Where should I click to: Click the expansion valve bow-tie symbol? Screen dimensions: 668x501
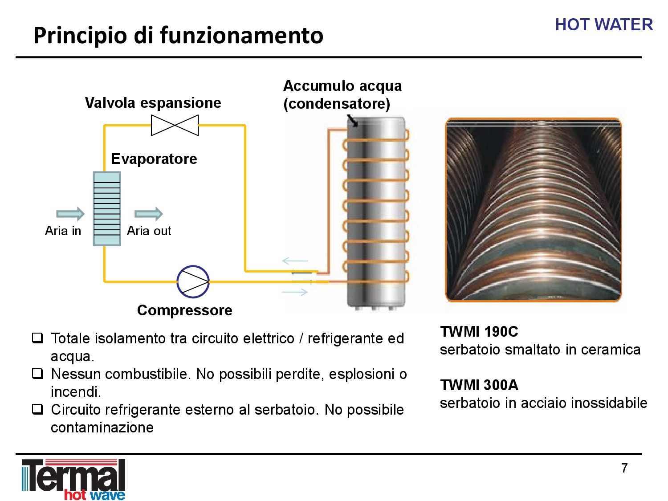click(175, 125)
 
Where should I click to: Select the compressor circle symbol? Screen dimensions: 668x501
click(193, 282)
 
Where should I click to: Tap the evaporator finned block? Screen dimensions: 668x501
click(107, 209)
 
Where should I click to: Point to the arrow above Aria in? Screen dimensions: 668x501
click(70, 214)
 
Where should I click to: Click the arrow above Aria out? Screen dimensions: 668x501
click(148, 214)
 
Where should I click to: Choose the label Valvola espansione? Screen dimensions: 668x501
click(153, 103)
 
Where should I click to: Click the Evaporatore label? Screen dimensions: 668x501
click(154, 159)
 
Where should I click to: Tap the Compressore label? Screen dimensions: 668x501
click(185, 310)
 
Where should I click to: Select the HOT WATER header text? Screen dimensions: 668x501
click(604, 24)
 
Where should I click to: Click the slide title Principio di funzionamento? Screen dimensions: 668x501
click(178, 36)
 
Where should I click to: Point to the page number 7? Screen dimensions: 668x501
click(624, 468)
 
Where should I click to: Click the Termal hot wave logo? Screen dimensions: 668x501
click(73, 479)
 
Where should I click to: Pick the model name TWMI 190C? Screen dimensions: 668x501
click(479, 332)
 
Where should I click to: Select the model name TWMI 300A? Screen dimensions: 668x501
click(479, 385)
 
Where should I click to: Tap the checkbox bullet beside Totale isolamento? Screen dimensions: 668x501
click(37, 338)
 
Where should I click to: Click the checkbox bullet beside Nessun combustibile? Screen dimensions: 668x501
click(37, 374)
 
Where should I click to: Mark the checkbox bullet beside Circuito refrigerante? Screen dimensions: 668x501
click(37, 409)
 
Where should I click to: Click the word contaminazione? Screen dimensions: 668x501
click(102, 428)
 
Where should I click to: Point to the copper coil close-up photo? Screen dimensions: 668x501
click(533, 210)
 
